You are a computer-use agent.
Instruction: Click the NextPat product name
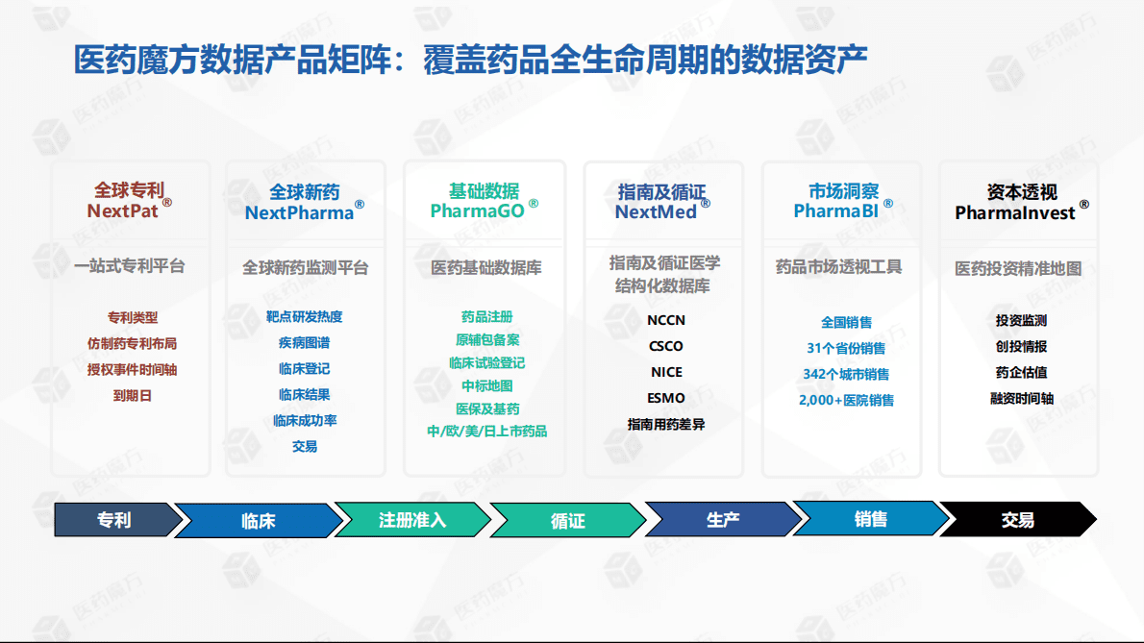pos(123,210)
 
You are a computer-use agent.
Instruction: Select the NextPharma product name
pos(299,212)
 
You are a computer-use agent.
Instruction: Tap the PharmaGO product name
pos(478,210)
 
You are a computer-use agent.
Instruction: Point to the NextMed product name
pos(656,211)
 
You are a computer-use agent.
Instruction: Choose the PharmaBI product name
pos(836,210)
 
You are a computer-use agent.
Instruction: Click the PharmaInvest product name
pos(1015,212)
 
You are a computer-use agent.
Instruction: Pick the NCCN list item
pos(666,320)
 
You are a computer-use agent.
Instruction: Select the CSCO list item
pos(666,346)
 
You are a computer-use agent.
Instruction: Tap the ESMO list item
pos(666,398)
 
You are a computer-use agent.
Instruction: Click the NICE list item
pos(666,372)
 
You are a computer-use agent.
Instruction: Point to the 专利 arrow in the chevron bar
pos(114,520)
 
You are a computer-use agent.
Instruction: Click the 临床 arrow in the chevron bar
pos(258,521)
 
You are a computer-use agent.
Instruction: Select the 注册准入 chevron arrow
pos(412,520)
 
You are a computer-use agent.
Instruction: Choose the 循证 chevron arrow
pos(567,521)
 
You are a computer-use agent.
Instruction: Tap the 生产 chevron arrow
pos(723,520)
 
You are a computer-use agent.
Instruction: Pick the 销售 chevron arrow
pos(871,520)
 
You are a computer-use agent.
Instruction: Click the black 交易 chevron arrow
pos(1017,520)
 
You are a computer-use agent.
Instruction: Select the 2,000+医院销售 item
pos(846,400)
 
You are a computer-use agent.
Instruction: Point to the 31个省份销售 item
pos(846,348)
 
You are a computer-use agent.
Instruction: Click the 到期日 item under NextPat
pos(133,395)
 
